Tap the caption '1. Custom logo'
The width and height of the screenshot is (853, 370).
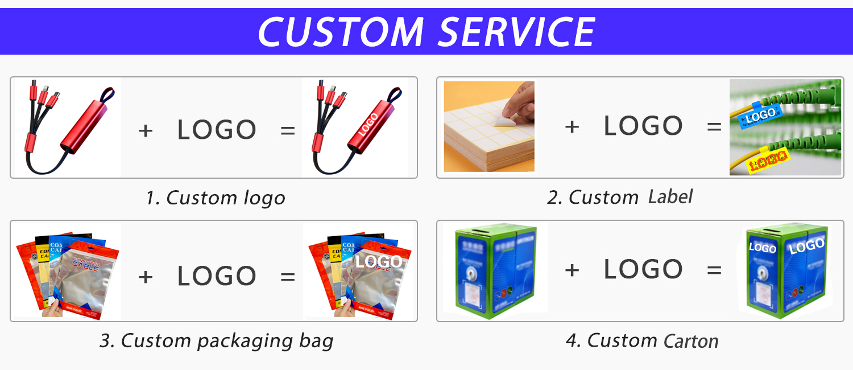[x=215, y=198]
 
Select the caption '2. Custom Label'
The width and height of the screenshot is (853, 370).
[x=620, y=197]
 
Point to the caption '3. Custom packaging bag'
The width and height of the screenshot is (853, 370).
[x=216, y=340]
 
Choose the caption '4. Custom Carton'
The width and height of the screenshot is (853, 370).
[x=642, y=340]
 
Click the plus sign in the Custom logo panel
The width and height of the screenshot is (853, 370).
[x=146, y=130]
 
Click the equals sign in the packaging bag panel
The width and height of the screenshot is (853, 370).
[x=288, y=277]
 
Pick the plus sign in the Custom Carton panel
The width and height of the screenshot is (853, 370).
[x=572, y=270]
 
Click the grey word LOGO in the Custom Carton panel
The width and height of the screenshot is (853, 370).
[x=643, y=269]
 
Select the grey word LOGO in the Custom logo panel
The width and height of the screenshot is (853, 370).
[x=217, y=130]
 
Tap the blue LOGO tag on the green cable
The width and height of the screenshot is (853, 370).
[x=760, y=116]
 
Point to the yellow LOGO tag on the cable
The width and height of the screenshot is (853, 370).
[x=765, y=160]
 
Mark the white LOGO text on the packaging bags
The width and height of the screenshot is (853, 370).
[x=379, y=262]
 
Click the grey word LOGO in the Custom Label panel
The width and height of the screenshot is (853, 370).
[x=643, y=126]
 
